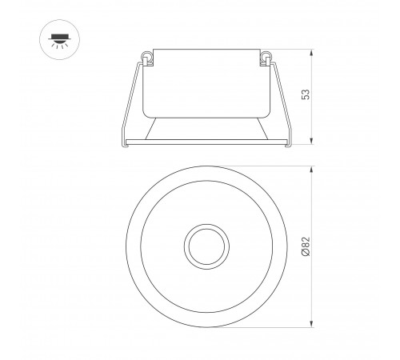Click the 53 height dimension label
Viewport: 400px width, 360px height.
click(306, 94)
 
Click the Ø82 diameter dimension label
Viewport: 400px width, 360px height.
click(306, 246)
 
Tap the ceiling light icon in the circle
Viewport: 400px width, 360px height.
click(60, 41)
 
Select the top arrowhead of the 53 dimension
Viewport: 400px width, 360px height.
click(311, 53)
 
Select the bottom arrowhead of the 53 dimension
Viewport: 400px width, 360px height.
click(311, 141)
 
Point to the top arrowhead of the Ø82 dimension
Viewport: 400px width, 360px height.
click(311, 170)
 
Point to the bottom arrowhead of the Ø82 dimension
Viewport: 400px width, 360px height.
click(311, 324)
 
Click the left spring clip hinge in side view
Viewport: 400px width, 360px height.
click(147, 58)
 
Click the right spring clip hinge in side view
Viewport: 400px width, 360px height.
click(266, 58)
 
